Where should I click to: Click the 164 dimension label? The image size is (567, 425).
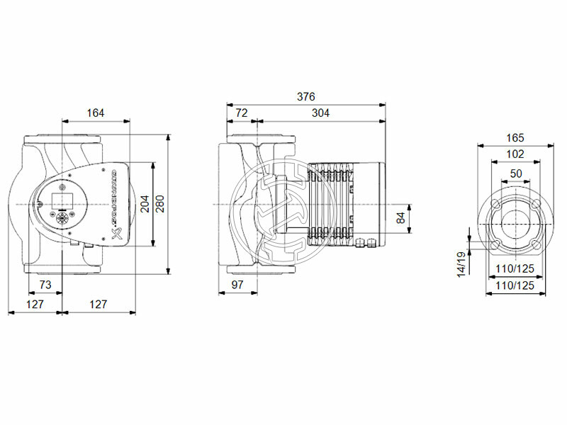coord(96,113)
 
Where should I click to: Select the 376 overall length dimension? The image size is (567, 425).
coord(305,97)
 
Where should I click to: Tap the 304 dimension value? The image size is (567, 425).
coord(320,113)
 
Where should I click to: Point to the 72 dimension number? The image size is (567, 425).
coord(241,113)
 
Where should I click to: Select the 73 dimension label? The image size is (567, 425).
coord(45,284)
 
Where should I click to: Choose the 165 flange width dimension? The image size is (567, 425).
coord(515,138)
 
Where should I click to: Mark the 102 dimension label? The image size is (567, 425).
coord(515,154)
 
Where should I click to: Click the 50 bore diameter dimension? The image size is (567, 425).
coord(515,173)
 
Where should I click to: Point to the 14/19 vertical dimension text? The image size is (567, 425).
coord(461,263)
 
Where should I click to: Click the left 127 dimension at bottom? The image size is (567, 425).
coord(35,305)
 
